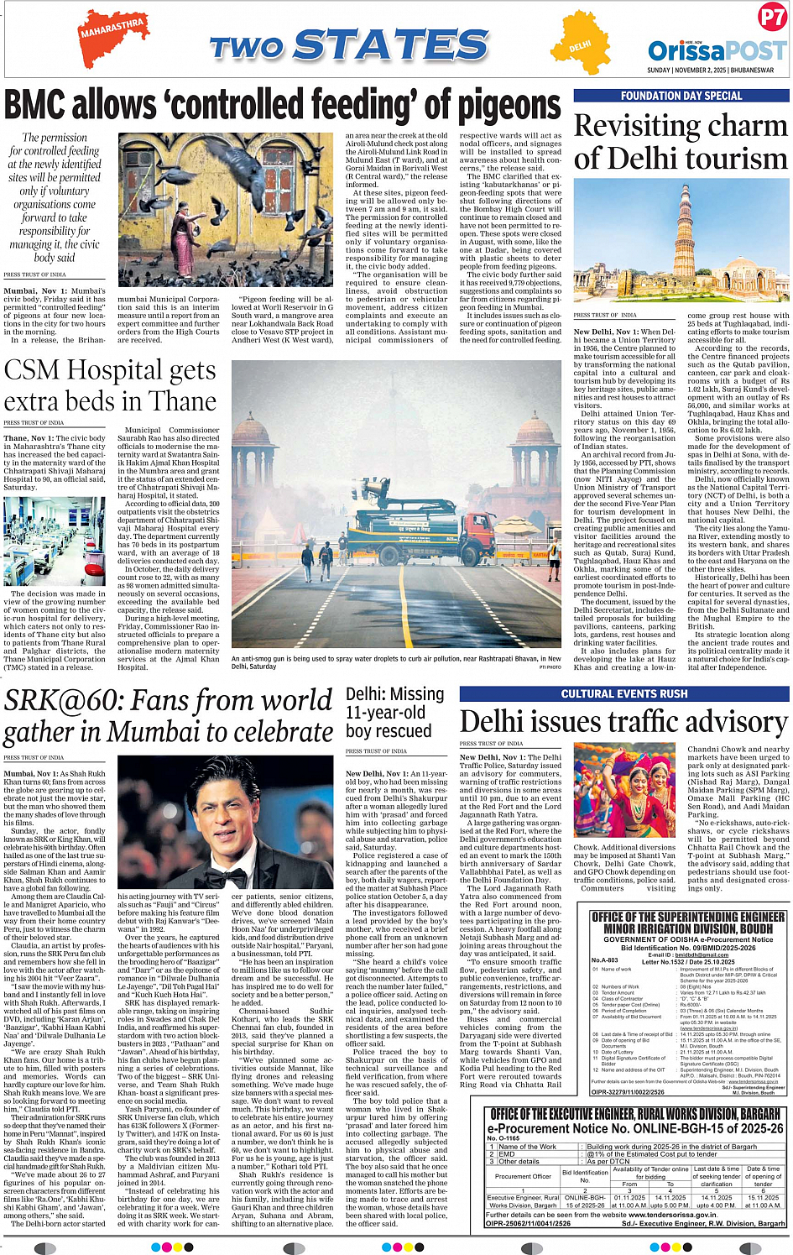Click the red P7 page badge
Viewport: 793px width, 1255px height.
[x=772, y=17]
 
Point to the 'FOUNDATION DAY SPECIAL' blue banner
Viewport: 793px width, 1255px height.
[x=681, y=96]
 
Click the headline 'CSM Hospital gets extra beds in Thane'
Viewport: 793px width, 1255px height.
[x=111, y=386]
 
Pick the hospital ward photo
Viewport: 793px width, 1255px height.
[x=55, y=541]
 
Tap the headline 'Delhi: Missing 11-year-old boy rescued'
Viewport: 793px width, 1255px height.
[x=394, y=713]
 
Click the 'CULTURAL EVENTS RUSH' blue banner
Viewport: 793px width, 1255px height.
[x=623, y=693]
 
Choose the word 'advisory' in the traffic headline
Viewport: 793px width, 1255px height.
[x=723, y=723]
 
